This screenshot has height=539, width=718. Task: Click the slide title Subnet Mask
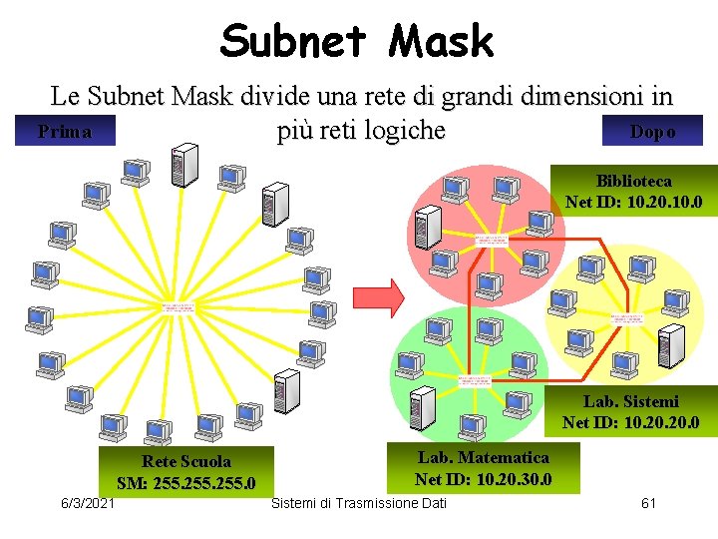point(357,42)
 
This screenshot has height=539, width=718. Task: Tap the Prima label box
point(64,132)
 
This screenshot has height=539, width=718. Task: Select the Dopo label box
point(652,132)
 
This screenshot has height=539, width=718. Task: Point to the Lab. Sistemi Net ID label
point(631,412)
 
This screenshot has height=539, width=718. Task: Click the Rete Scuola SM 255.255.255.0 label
point(185,472)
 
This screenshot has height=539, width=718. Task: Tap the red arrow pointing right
point(380,296)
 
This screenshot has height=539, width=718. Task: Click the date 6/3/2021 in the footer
point(88,502)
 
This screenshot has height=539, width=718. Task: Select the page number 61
point(648,502)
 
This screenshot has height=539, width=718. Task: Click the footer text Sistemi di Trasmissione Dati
point(359,502)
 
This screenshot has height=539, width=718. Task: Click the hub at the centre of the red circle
point(491,241)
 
